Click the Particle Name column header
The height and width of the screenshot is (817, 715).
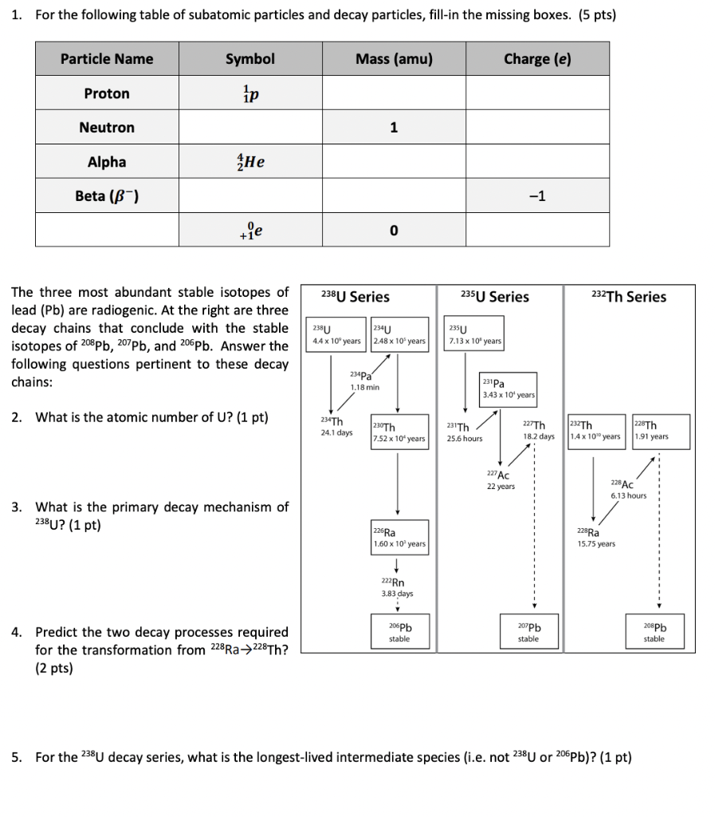tap(107, 59)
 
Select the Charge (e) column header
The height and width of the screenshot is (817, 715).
tap(537, 59)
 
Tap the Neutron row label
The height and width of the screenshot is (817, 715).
tap(107, 128)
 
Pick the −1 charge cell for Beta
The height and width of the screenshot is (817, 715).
tap(537, 196)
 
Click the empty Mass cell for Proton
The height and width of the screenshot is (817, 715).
tap(394, 93)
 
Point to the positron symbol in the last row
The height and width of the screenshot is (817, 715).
tap(249, 231)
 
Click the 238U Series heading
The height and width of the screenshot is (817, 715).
tap(355, 297)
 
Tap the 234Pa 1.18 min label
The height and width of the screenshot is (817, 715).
tap(363, 381)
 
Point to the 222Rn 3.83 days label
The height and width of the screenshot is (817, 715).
tap(397, 587)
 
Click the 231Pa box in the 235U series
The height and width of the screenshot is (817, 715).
tap(508, 389)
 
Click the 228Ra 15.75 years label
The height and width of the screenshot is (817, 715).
tap(595, 538)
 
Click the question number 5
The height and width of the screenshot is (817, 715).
tap(17, 756)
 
